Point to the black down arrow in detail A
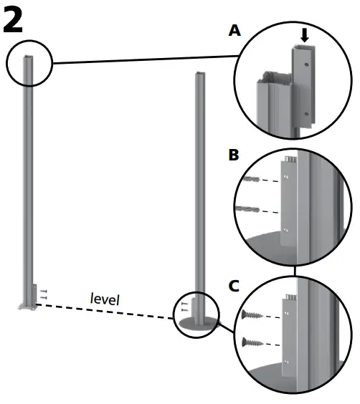(x=305, y=35)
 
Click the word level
(x=105, y=298)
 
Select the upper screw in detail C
(x=256, y=314)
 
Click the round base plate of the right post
(x=196, y=324)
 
